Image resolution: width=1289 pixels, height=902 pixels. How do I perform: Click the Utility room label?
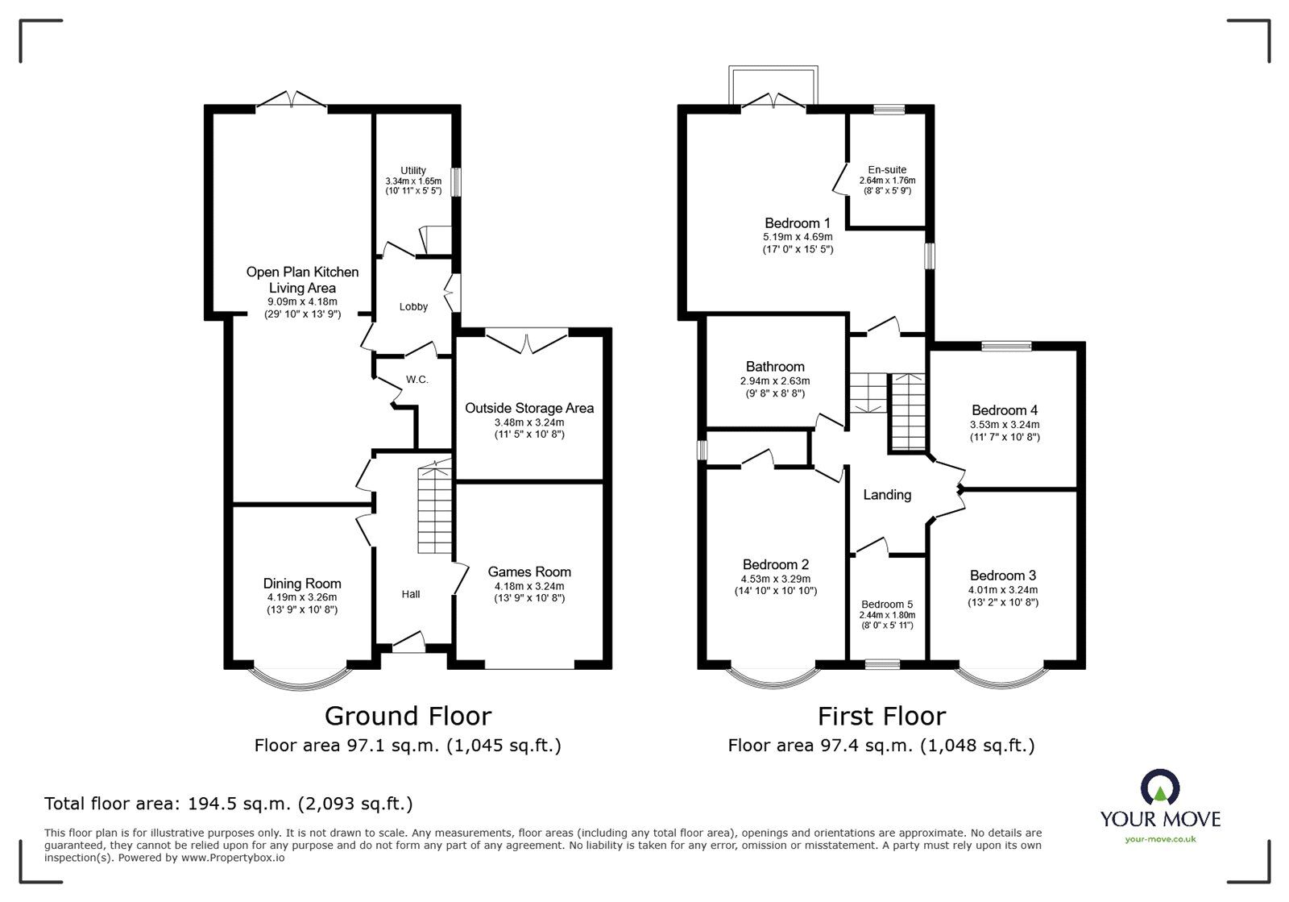(x=413, y=170)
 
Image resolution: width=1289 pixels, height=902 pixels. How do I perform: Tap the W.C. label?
(x=417, y=379)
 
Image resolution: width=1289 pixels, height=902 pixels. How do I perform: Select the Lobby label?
(x=413, y=306)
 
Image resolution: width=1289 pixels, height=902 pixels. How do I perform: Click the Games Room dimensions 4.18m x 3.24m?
(x=529, y=586)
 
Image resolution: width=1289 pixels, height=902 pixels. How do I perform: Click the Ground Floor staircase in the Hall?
(x=435, y=509)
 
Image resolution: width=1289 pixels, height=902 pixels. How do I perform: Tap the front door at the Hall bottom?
(x=409, y=643)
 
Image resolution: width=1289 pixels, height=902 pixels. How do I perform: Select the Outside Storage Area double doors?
(x=528, y=342)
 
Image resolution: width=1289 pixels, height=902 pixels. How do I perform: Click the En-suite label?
(x=887, y=169)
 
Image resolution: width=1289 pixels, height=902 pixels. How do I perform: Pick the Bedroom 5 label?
(x=887, y=604)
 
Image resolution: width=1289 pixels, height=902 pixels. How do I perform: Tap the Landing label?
(x=887, y=495)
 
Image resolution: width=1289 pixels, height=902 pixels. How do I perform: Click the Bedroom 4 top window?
(x=1006, y=346)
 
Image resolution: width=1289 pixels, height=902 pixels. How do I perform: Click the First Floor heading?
(x=881, y=716)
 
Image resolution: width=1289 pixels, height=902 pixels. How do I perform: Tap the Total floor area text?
(x=228, y=803)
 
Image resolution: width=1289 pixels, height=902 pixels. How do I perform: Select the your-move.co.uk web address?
(x=1160, y=839)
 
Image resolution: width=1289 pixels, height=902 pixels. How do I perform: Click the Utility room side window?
(x=455, y=181)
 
